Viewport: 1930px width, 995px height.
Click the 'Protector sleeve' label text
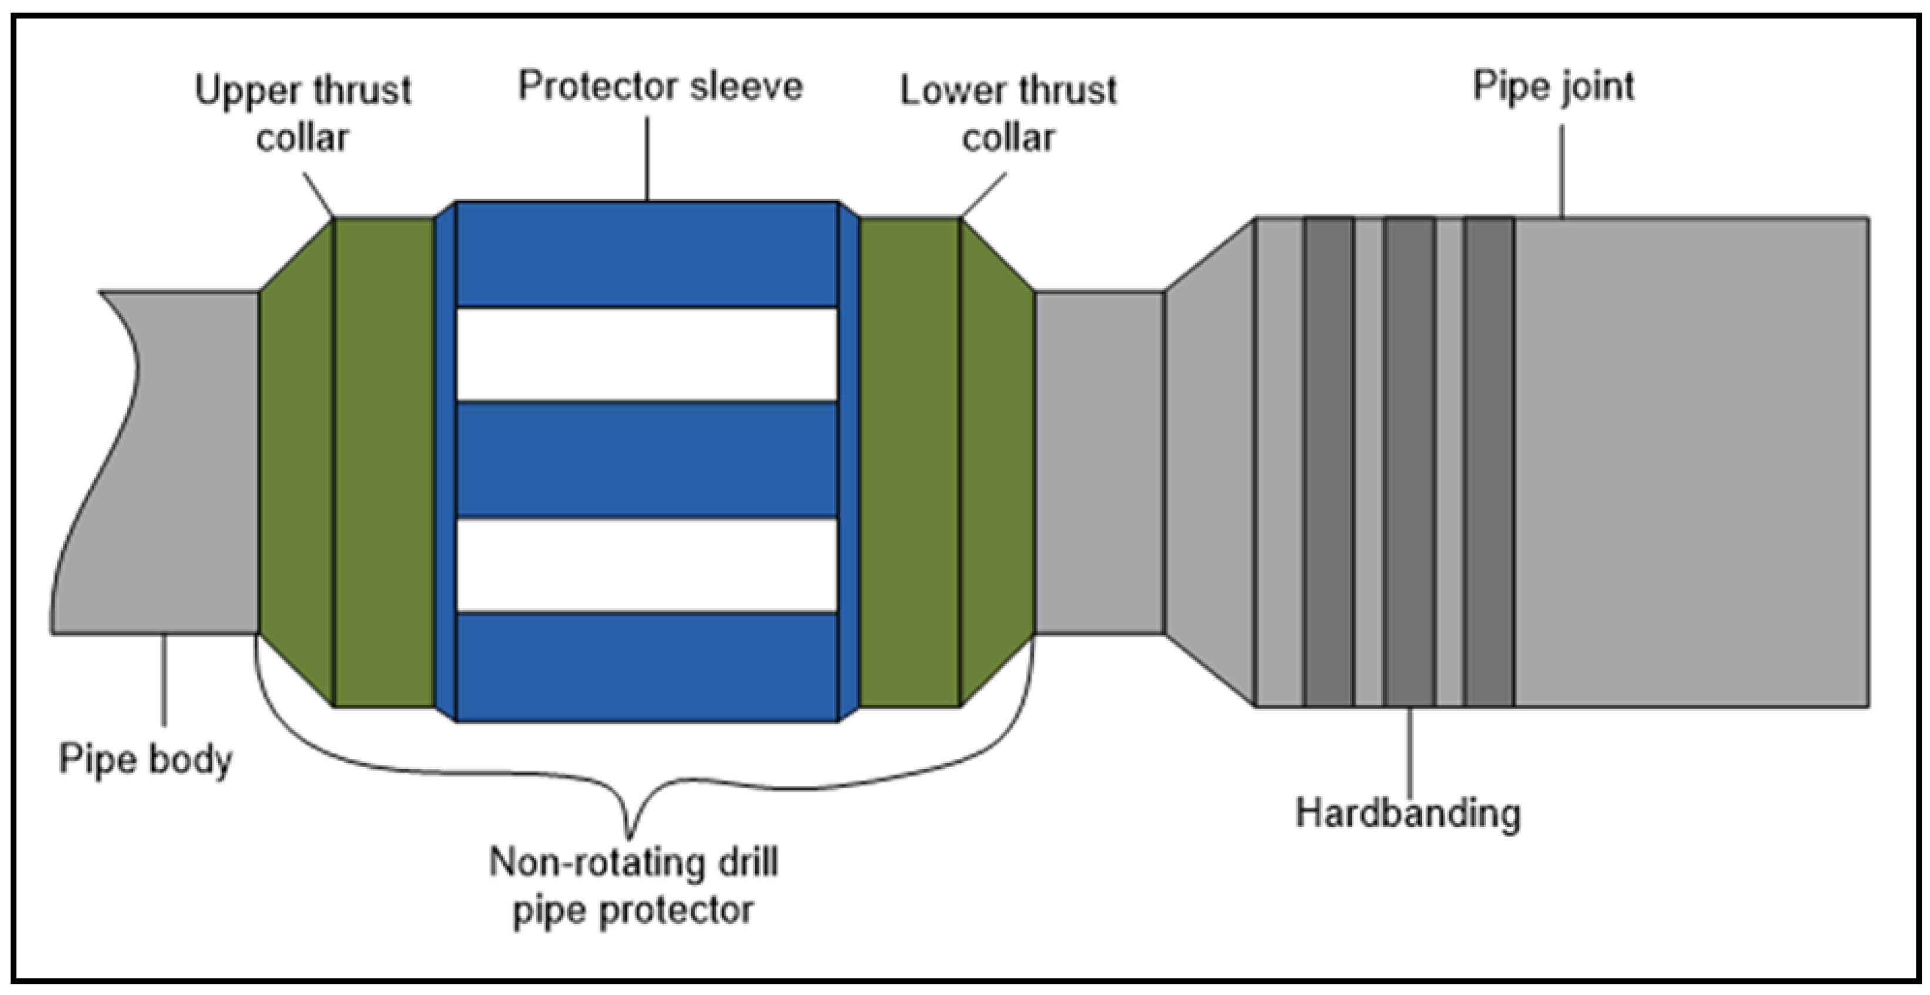pos(660,87)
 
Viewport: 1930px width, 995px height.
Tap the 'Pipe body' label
pos(145,759)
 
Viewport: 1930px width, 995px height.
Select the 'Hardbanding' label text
pos(1408,813)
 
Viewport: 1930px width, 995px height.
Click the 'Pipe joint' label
pos(1553,87)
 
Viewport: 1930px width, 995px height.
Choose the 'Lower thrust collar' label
pos(1008,114)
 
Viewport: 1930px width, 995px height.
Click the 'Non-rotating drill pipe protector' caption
pos(633,886)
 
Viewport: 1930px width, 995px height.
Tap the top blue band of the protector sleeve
pos(647,255)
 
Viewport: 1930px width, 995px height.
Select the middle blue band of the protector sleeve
pos(647,460)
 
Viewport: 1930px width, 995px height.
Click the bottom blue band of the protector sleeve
pos(647,667)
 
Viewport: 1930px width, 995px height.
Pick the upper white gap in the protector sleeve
pos(647,354)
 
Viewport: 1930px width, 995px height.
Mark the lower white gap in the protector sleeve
pos(647,565)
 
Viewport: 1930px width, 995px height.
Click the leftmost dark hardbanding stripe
pos(1329,462)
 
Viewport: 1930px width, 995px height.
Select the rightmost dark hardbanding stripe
pos(1489,462)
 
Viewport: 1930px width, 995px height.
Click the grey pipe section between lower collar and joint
pos(1099,462)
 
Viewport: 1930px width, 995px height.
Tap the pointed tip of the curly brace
pos(630,835)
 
